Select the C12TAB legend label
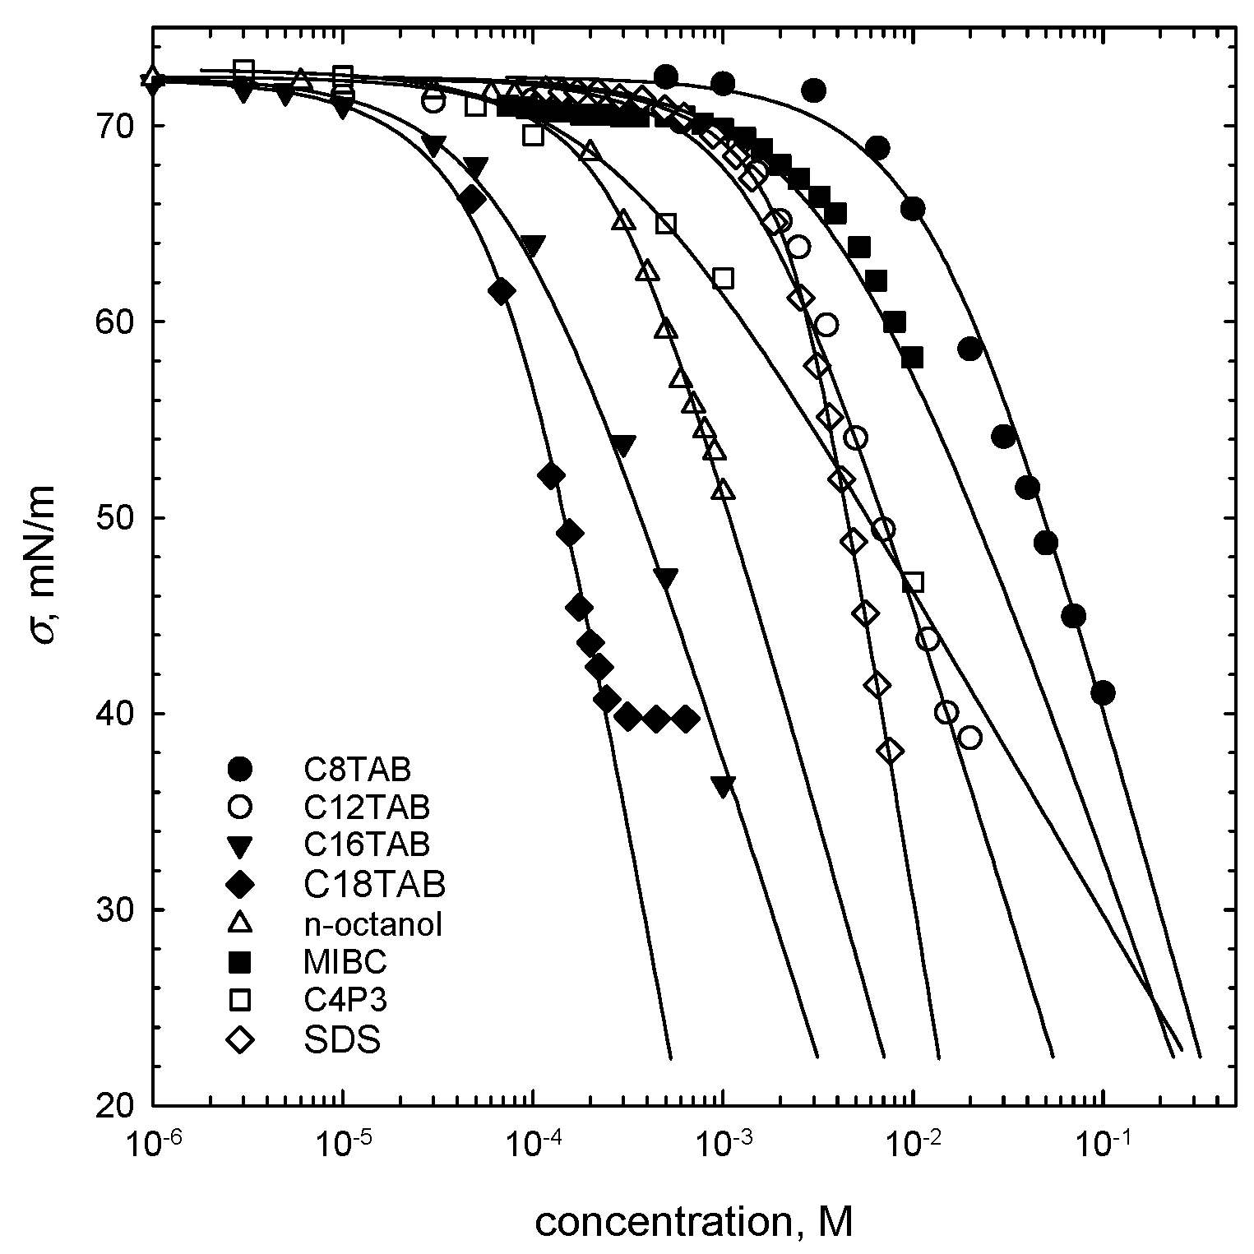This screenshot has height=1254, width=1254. [x=366, y=807]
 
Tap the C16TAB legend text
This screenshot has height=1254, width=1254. [x=366, y=844]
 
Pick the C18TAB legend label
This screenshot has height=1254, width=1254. [x=374, y=885]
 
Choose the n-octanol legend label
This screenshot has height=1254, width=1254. [x=372, y=924]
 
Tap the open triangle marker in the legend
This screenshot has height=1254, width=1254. [x=240, y=923]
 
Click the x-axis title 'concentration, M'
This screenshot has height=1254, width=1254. [x=694, y=1223]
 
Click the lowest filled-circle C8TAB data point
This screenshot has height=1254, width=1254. [x=1103, y=693]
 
